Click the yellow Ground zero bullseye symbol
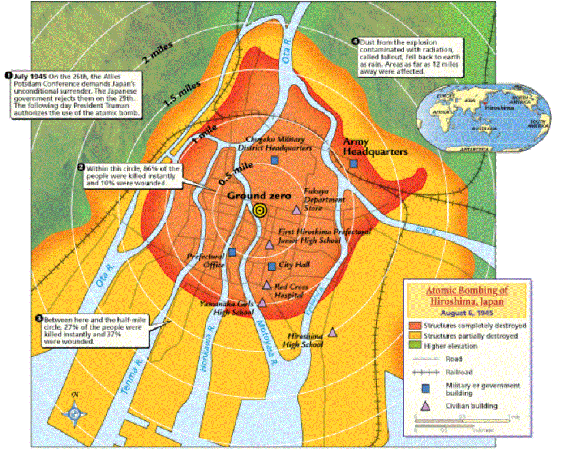[x=259, y=210]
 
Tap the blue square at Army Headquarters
[x=353, y=163]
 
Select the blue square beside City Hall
[x=272, y=267]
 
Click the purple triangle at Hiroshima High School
[x=333, y=332]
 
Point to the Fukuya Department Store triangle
[x=296, y=210]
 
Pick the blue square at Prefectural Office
[x=232, y=252]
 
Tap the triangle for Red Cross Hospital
[x=266, y=286]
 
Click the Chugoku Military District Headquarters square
[x=274, y=160]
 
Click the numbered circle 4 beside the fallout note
[x=355, y=42]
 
